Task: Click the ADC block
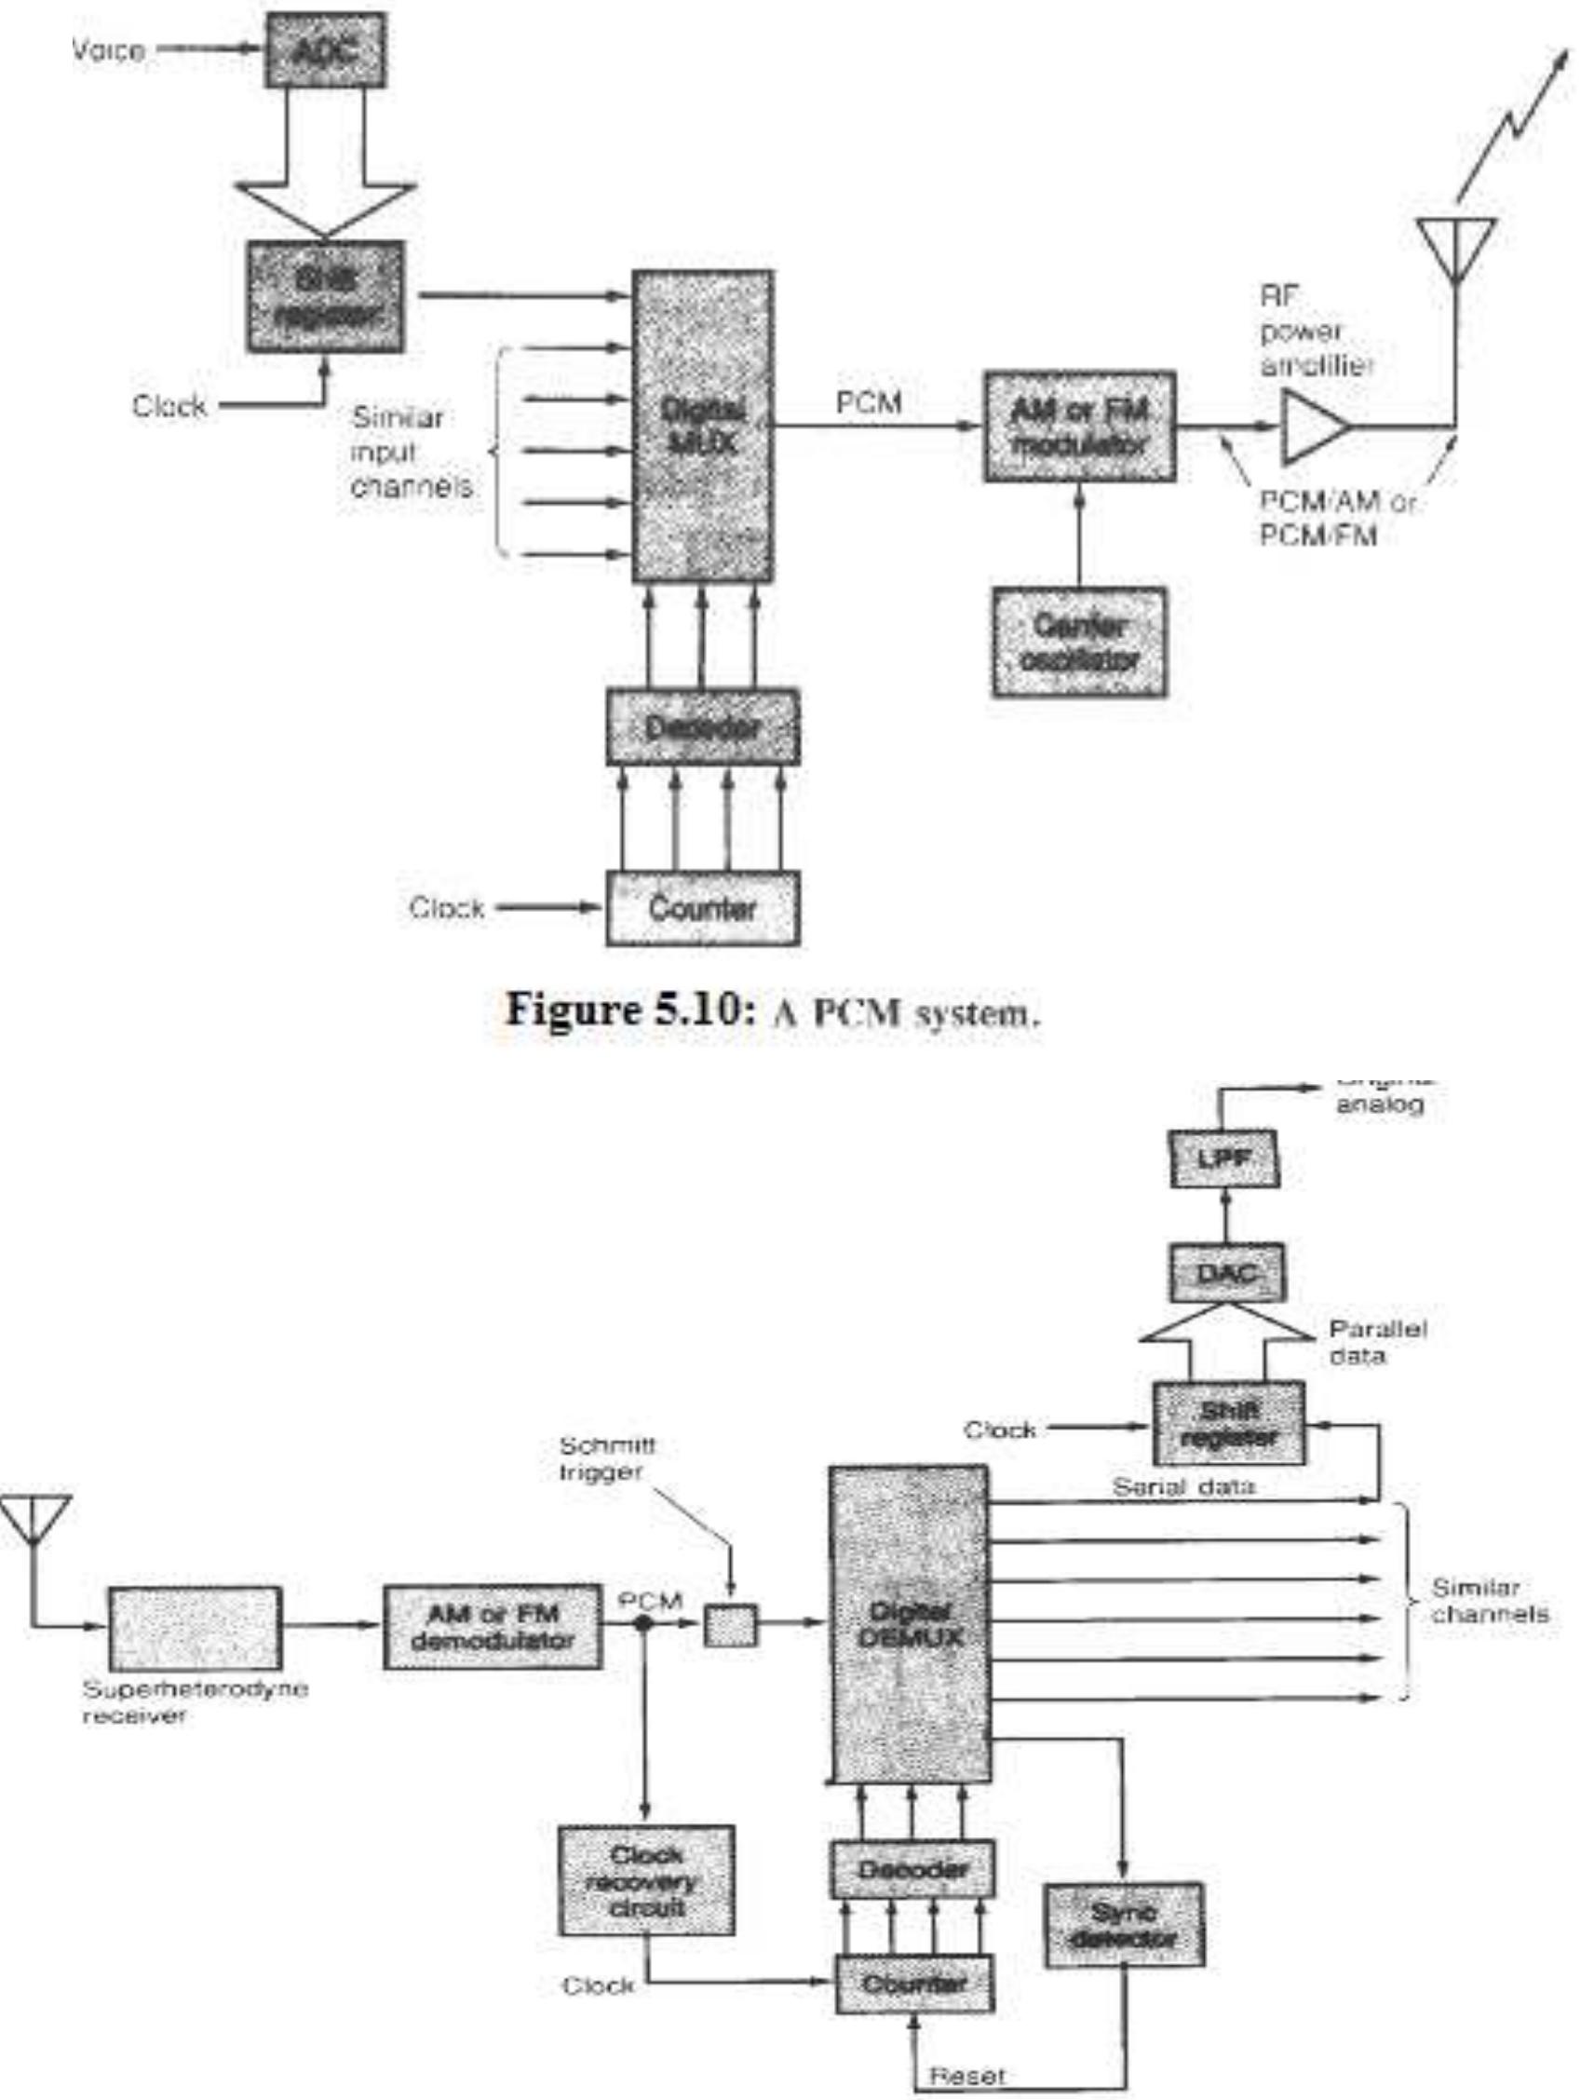325,50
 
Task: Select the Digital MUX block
703,427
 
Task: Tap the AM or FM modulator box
1079,427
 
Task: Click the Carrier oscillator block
1079,643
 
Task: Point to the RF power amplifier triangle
1313,427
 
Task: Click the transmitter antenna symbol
1455,249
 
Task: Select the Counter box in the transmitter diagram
703,909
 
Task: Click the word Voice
108,49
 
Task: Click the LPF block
1223,1158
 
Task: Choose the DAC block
1227,1273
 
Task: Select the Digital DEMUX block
909,1624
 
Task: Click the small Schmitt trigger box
730,1624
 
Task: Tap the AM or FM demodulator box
493,1626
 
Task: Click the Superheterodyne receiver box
195,1627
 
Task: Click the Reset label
966,2075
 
